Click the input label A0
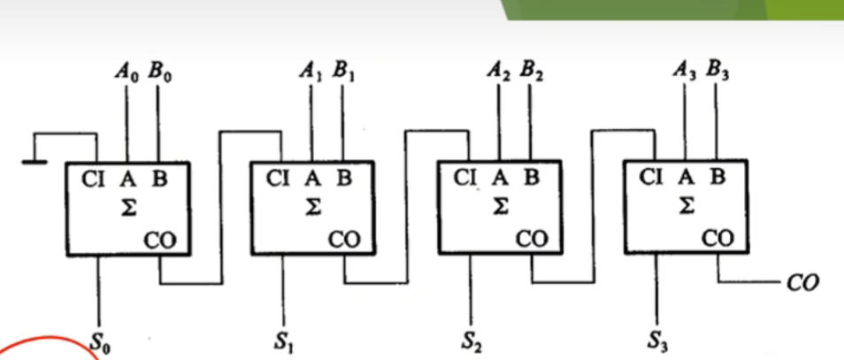(x=127, y=73)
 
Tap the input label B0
(x=159, y=73)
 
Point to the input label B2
(x=531, y=73)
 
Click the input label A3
(x=685, y=73)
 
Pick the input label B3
(x=717, y=73)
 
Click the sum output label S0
(x=101, y=343)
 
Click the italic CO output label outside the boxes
(x=802, y=282)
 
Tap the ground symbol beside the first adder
(x=34, y=162)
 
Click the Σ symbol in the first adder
(x=128, y=208)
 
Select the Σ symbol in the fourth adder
(x=686, y=206)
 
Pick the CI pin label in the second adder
(x=279, y=179)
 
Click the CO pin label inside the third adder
(x=533, y=239)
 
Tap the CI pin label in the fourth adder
(x=651, y=177)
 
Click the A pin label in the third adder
(x=500, y=178)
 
